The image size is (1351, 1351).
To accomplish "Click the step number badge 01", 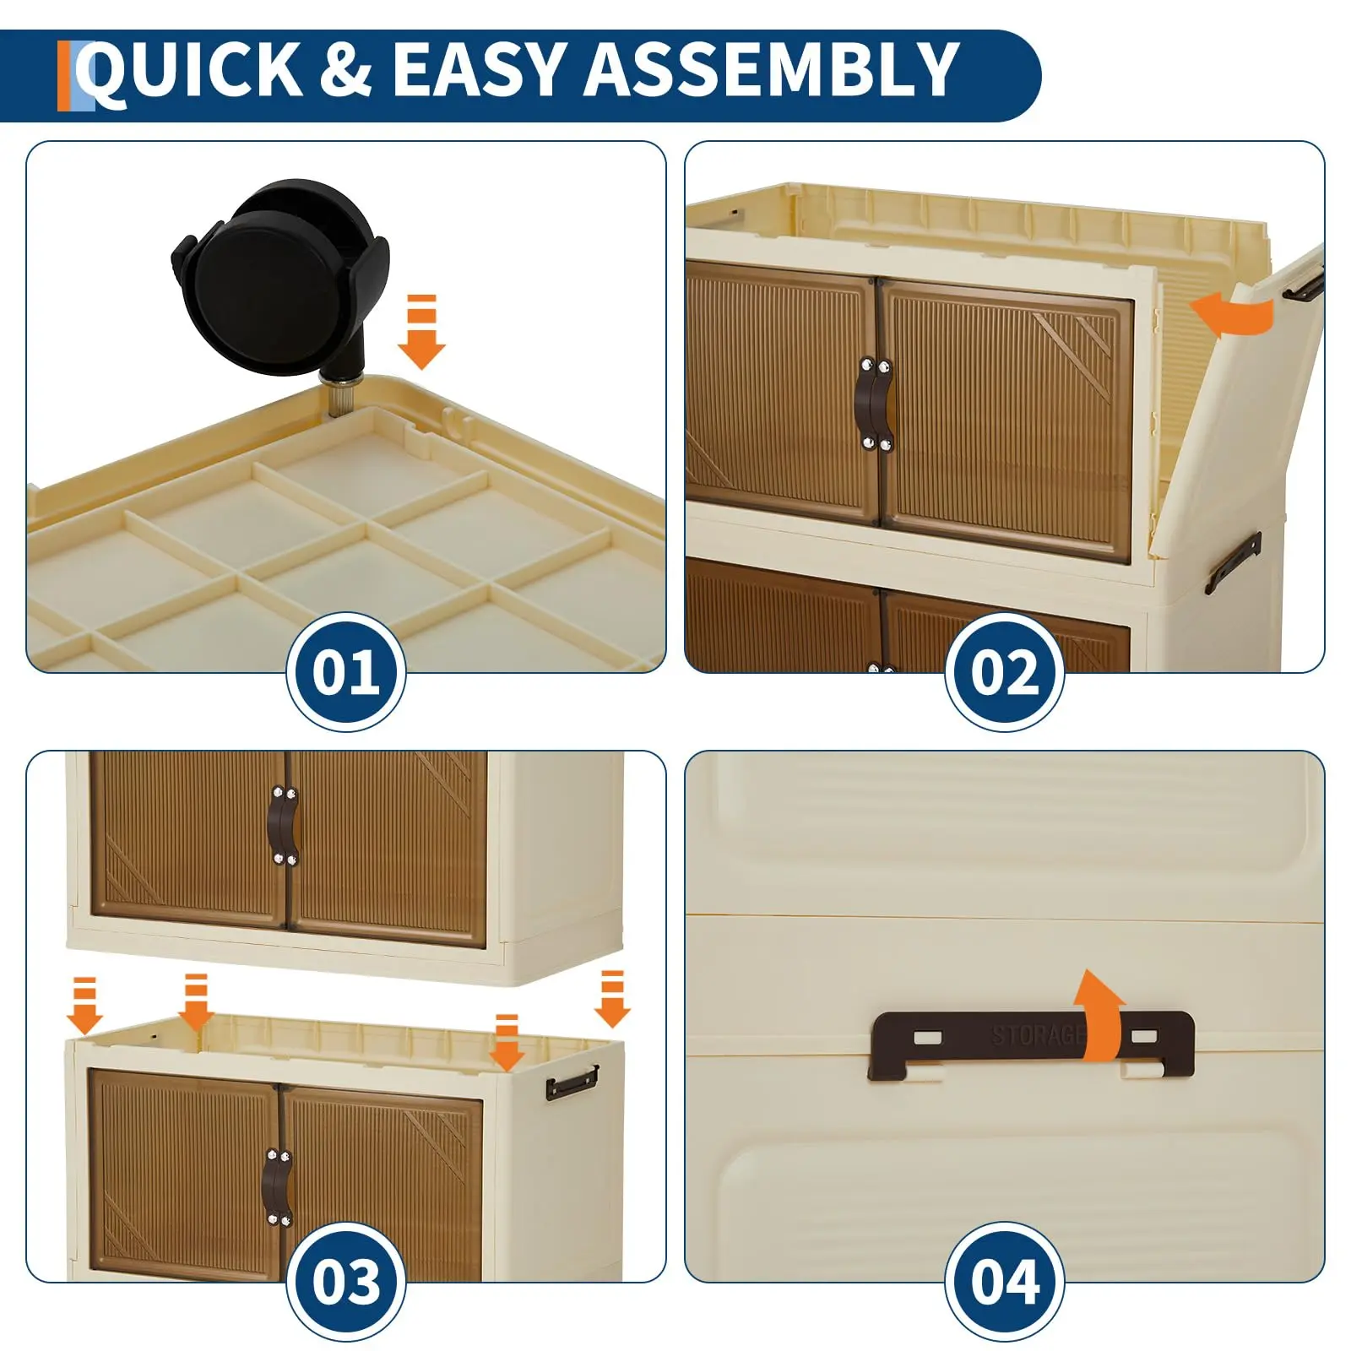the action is tap(346, 672).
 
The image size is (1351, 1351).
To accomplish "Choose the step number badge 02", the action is tap(1004, 672).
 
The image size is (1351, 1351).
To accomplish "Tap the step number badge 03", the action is tap(346, 1281).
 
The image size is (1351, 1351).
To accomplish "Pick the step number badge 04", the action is tap(1004, 1281).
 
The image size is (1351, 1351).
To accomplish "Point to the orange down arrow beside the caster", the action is tap(421, 332).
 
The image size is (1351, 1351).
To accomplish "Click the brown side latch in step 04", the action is tap(1031, 1044).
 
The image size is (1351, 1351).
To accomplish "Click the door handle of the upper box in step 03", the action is tap(282, 826).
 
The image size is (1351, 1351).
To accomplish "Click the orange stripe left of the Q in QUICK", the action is tap(64, 76).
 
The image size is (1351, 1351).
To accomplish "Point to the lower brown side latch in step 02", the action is tap(1234, 562).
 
